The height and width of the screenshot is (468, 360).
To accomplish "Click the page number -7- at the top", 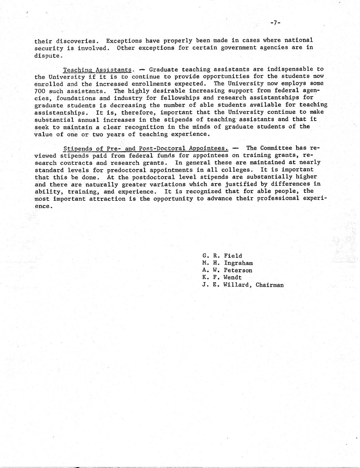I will coord(275,23).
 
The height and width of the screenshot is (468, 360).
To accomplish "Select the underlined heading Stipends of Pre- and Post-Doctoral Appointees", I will coord(145,148).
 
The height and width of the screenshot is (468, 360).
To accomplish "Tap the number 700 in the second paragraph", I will coord(40,91).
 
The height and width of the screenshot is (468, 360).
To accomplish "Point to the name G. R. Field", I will coord(222,256).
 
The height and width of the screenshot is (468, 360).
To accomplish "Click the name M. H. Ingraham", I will coord(227,263).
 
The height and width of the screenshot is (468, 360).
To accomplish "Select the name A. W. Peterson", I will coord(227,271).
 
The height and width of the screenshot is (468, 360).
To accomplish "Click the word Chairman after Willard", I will coord(269,285).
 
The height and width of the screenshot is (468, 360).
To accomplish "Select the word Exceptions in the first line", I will coord(122,40).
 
